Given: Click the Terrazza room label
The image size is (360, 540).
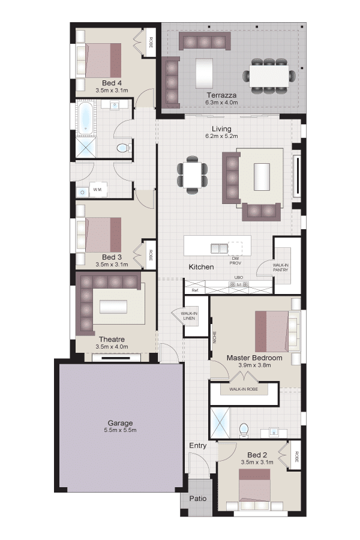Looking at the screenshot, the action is [221, 95].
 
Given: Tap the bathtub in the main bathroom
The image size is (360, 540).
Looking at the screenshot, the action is [85, 119].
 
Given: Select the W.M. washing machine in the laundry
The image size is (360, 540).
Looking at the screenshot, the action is [98, 190].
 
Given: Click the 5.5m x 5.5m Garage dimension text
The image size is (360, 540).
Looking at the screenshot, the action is [120, 430].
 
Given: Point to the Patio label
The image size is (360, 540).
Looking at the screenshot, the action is [198, 499].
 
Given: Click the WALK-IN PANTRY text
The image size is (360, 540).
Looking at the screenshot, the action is [280, 268].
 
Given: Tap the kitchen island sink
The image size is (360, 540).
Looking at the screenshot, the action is [219, 248].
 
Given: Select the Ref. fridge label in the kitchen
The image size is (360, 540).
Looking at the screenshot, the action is [195, 290].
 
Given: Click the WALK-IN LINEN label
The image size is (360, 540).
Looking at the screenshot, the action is [189, 316].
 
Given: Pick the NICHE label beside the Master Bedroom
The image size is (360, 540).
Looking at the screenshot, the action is [214, 337].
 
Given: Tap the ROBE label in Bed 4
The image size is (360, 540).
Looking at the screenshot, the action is [151, 42].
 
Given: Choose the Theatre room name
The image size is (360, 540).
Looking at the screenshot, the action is [112, 339].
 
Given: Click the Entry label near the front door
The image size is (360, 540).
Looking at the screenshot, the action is [198, 445].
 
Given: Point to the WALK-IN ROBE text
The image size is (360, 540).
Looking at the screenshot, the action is [244, 389].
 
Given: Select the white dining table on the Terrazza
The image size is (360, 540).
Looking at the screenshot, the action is [269, 76].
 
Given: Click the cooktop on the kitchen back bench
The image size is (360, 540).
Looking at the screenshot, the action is [239, 285].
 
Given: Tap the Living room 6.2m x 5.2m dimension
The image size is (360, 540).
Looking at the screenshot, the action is [221, 136].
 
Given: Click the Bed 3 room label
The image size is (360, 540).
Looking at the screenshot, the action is [112, 257].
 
